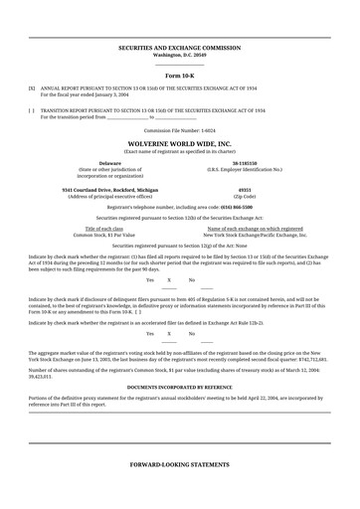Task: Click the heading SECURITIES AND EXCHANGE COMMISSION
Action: click(x=180, y=47)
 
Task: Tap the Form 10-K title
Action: click(x=180, y=75)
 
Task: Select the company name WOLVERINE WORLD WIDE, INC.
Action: click(x=180, y=143)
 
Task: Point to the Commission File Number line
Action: click(x=180, y=129)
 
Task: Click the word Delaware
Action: click(x=110, y=162)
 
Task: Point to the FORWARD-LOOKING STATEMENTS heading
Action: click(x=180, y=464)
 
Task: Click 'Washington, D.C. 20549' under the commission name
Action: click(x=180, y=54)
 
